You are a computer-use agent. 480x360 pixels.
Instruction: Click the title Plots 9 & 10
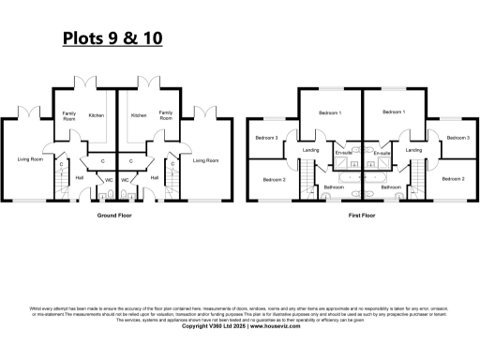112,38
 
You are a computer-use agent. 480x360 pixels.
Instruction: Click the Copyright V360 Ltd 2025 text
217,326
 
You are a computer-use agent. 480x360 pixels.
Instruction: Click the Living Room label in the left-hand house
31,159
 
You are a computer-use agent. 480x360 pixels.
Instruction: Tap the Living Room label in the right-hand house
205,160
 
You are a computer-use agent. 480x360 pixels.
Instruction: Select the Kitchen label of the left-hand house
97,115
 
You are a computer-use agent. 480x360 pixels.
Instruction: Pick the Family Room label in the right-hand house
166,115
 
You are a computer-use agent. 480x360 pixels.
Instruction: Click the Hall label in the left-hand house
80,176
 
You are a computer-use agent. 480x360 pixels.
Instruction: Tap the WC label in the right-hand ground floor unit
125,179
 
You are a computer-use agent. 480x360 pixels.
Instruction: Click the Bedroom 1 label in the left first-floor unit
330,112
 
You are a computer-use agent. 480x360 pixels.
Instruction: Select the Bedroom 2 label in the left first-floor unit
273,179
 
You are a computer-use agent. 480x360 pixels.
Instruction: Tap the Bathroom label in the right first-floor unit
391,187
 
